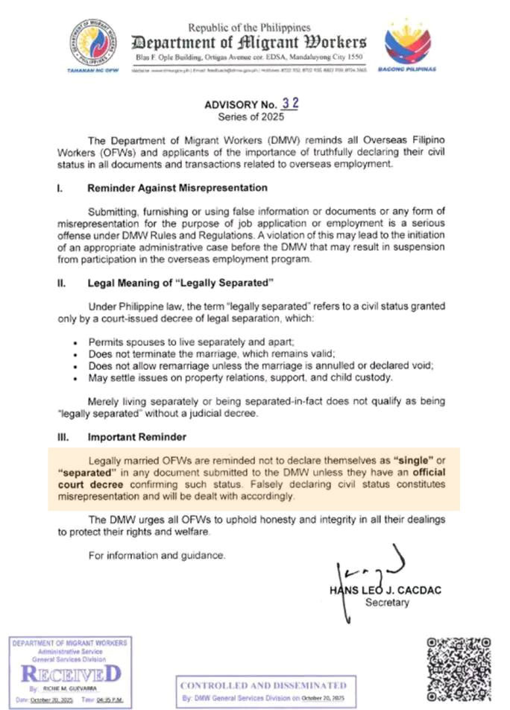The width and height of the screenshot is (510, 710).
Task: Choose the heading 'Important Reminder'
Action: click(136, 436)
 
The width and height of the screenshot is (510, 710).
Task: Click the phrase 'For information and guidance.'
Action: click(156, 555)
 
